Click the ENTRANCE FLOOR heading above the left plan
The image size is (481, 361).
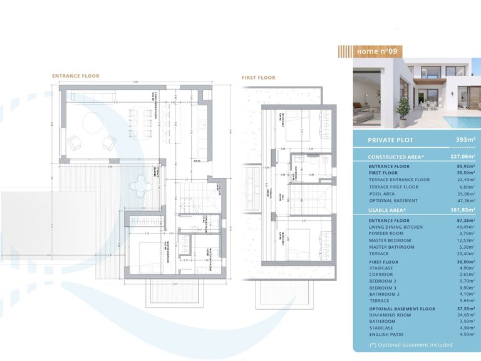pyautogui.click(x=75, y=76)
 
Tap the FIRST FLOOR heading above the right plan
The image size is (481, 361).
pyautogui.click(x=259, y=78)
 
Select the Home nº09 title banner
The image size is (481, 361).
pyautogui.click(x=376, y=51)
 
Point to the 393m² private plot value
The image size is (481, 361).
pyautogui.click(x=465, y=140)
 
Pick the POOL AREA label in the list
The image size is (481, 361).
pyautogui.click(x=385, y=194)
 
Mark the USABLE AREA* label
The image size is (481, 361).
pyautogui.click(x=387, y=210)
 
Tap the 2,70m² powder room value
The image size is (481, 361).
pyautogui.click(x=465, y=234)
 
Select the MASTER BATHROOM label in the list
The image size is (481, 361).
pyautogui.click(x=391, y=247)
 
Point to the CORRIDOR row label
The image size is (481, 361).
pyautogui.click(x=383, y=274)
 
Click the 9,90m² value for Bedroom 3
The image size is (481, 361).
pyautogui.click(x=465, y=288)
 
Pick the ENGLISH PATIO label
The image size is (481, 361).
pyautogui.click(x=387, y=334)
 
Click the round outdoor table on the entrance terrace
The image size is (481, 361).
pyautogui.click(x=139, y=184)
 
